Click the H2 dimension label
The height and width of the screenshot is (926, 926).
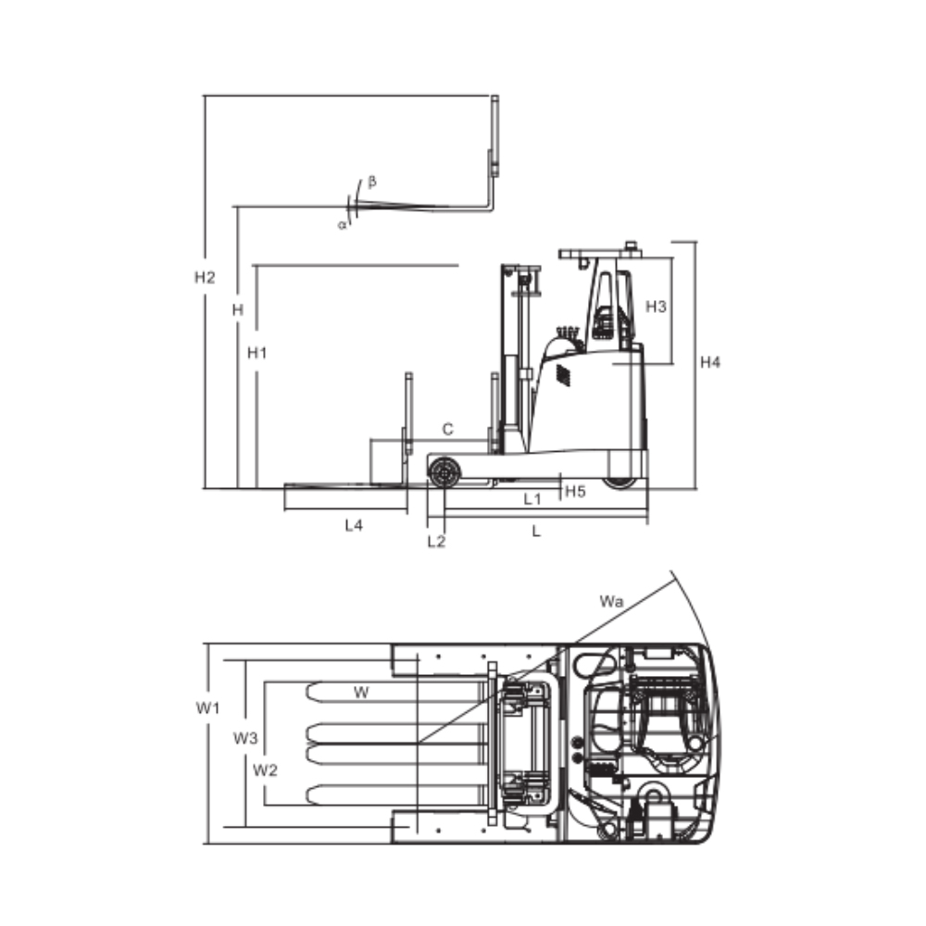point(205,277)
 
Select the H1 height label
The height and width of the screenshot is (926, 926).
point(257,353)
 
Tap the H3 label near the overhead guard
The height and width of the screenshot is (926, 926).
point(656,307)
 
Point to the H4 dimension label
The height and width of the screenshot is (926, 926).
point(709,362)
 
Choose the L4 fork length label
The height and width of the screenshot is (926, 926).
point(354,525)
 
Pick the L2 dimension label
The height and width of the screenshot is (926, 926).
point(436,542)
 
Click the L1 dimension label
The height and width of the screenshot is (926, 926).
point(532,499)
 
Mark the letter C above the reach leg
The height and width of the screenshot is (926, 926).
point(447,429)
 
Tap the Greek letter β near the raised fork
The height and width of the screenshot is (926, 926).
point(372,181)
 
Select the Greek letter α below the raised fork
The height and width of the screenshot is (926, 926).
point(342,224)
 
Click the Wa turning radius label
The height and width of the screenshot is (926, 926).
point(610,602)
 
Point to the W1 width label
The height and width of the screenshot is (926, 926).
point(208,708)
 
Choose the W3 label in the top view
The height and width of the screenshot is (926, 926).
point(245,738)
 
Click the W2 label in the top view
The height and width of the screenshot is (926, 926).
point(266,770)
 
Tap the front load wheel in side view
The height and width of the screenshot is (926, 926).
point(444,472)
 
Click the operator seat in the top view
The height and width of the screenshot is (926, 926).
point(665,722)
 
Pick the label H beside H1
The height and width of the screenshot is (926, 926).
point(238,310)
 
